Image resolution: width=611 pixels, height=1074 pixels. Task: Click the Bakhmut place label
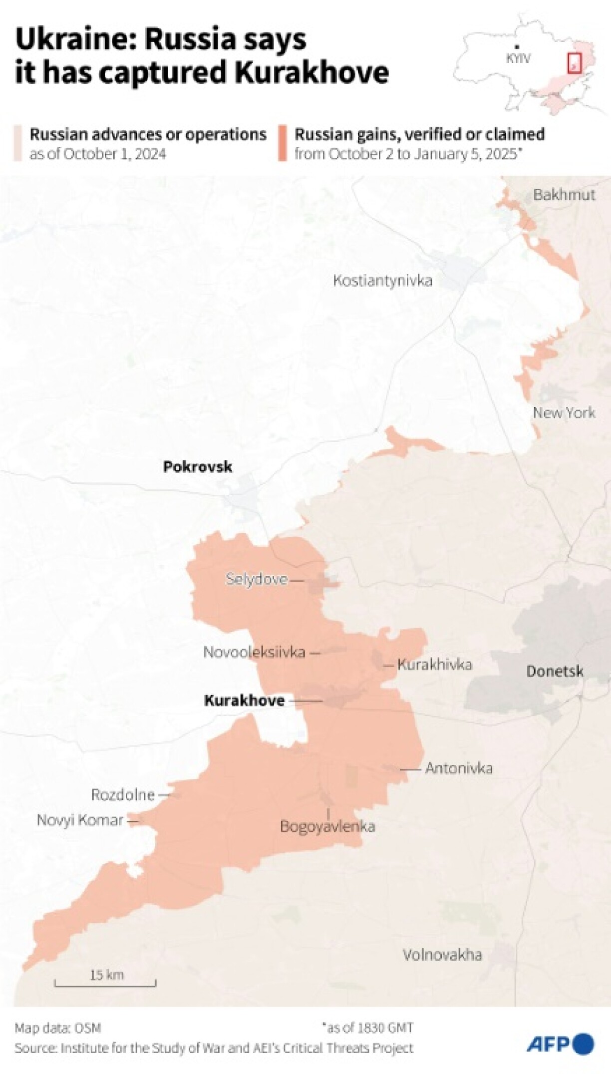(564, 195)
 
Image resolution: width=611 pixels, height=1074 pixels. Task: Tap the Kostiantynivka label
(382, 281)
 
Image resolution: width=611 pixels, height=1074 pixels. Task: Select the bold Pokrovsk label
(198, 467)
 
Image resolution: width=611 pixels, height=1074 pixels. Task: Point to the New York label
(564, 412)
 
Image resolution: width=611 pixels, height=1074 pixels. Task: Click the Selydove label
(257, 579)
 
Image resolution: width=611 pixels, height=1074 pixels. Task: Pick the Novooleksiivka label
(254, 652)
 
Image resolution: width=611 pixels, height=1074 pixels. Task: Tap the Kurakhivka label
(434, 665)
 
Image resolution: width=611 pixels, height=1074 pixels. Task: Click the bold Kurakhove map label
(244, 701)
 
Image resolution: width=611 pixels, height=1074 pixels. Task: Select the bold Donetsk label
(555, 671)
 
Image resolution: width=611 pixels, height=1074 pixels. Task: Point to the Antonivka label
(459, 768)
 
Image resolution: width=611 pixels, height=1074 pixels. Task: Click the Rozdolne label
(123, 794)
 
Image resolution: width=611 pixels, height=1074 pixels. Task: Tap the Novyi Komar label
(80, 820)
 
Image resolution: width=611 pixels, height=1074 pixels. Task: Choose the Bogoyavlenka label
(327, 826)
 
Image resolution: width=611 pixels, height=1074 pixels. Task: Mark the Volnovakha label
(442, 955)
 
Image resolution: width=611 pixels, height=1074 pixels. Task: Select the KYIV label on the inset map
(518, 58)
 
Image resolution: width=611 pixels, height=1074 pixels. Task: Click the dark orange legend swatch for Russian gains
(283, 143)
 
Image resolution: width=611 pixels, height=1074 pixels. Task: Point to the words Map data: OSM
(58, 1028)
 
